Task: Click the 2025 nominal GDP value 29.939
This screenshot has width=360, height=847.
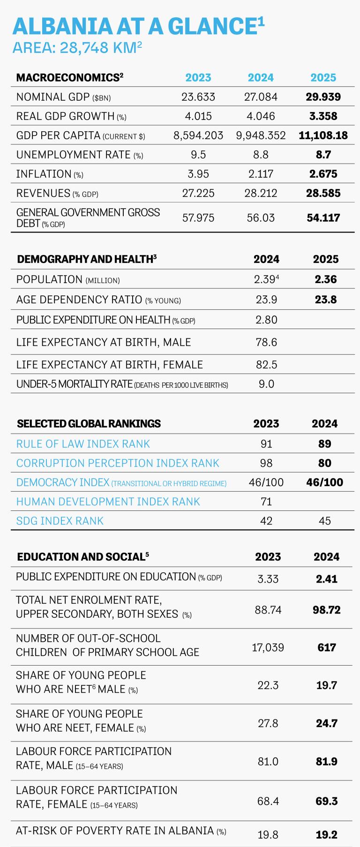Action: [x=323, y=97]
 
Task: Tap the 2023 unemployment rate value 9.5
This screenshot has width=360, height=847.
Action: [x=198, y=155]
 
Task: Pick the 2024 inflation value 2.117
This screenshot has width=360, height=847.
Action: [x=261, y=174]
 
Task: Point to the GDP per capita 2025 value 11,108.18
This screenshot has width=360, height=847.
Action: [x=323, y=135]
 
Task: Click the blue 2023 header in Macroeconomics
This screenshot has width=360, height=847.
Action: [x=198, y=78]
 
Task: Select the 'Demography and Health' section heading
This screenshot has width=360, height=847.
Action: [x=87, y=259]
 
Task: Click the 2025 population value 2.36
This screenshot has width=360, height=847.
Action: [x=326, y=279]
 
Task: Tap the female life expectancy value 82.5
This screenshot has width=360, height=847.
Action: [x=267, y=365]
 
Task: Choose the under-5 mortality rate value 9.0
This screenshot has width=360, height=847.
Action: [x=267, y=384]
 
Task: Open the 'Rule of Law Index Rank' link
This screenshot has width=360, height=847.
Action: [x=83, y=444]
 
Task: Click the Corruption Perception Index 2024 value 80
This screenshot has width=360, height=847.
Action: [x=325, y=463]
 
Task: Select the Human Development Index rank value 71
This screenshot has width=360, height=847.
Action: [x=266, y=502]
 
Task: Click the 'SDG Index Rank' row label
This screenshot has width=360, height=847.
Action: [x=60, y=521]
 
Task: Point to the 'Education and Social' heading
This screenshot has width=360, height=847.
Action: [x=83, y=556]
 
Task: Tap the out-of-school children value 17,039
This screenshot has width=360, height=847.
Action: [x=268, y=647]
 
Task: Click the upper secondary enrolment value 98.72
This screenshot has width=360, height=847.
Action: [x=327, y=610]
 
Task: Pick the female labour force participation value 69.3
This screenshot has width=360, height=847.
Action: [x=327, y=801]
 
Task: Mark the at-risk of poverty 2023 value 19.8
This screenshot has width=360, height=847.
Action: [x=268, y=835]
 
